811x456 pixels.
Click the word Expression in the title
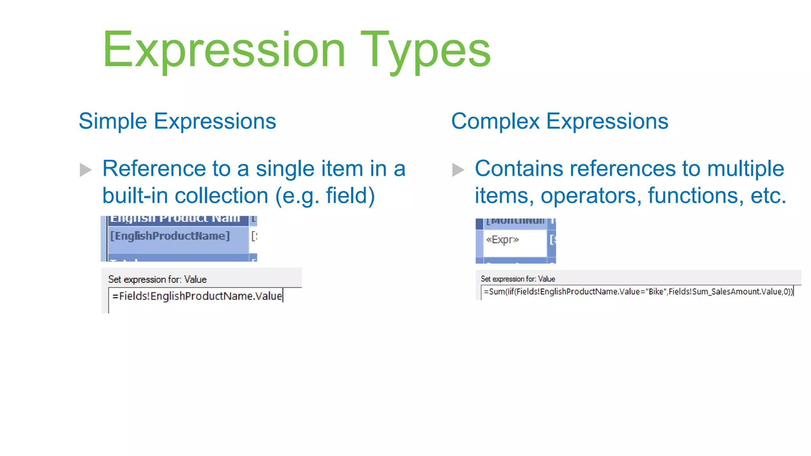(x=224, y=51)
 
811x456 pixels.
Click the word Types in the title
(x=425, y=51)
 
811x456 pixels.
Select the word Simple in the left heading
(x=113, y=121)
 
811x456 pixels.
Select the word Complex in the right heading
(x=495, y=121)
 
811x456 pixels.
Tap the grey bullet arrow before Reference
(x=86, y=170)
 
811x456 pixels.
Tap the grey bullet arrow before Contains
(x=458, y=170)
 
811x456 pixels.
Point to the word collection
(x=221, y=196)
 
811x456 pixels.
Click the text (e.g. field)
(x=325, y=196)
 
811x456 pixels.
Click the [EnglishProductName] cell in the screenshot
(x=170, y=236)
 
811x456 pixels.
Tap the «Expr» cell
(x=503, y=240)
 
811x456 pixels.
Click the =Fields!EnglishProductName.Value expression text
(x=197, y=296)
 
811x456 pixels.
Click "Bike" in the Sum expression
(x=656, y=292)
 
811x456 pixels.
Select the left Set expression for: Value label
(x=157, y=279)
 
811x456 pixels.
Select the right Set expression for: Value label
(x=518, y=279)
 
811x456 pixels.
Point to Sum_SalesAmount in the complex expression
(x=717, y=292)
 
